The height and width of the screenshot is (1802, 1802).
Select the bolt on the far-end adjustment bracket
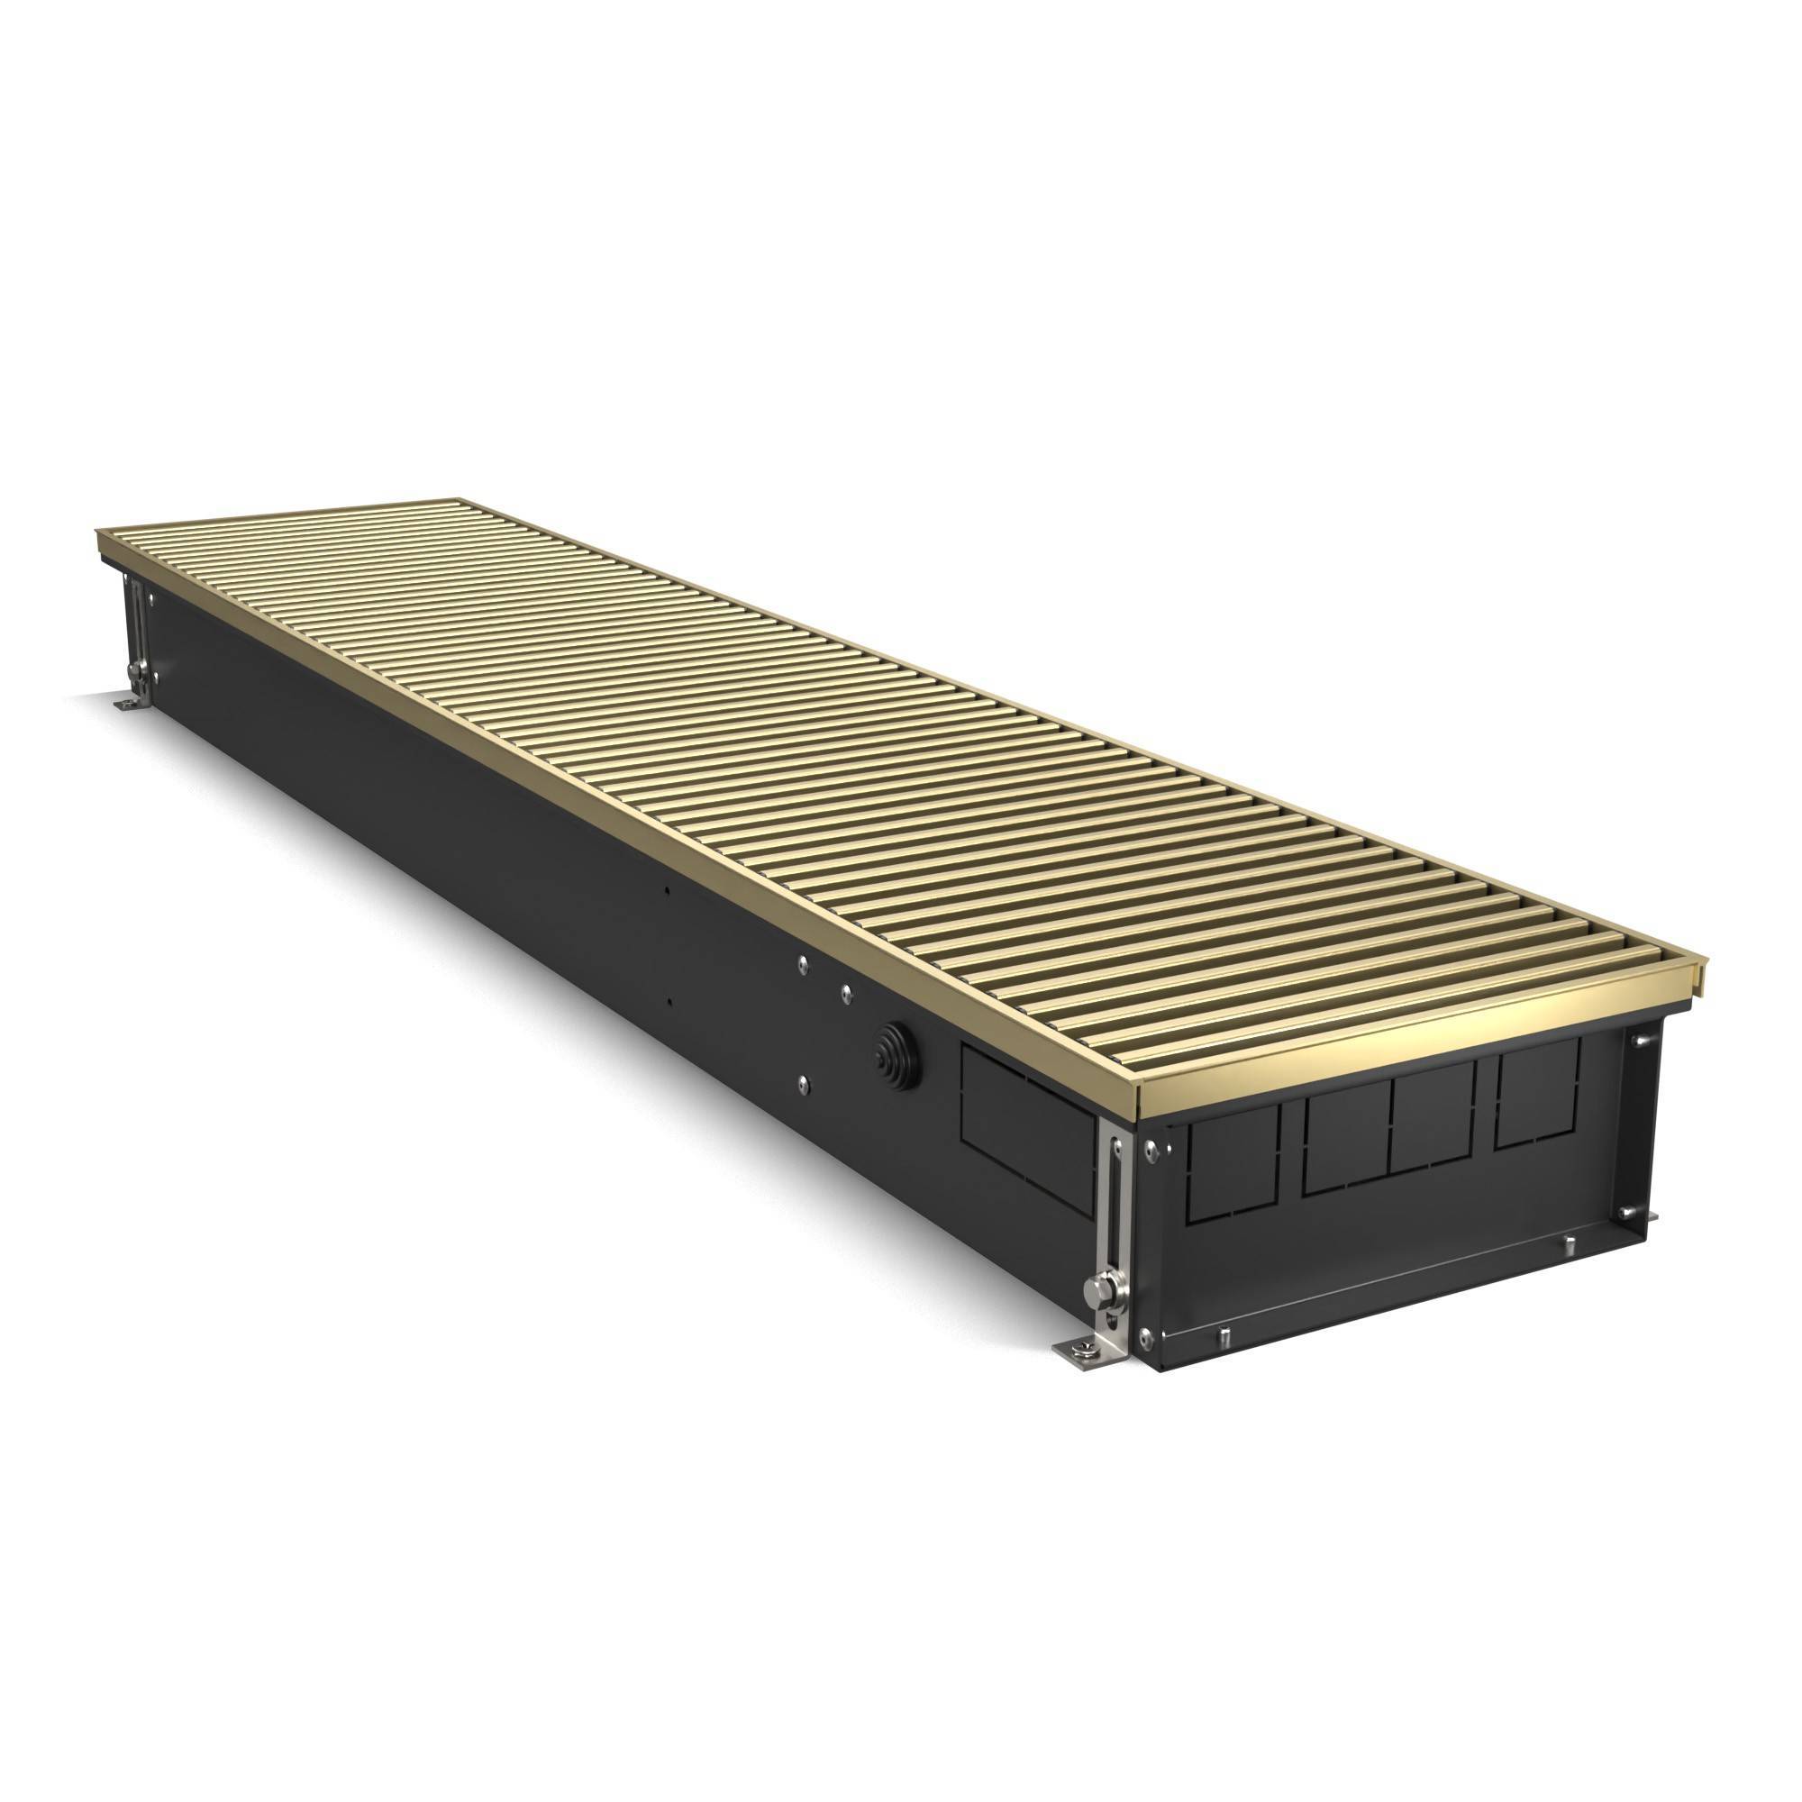click(137, 669)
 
